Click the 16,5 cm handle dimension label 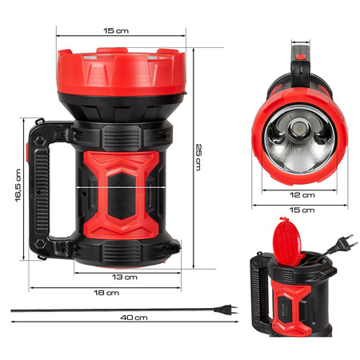(x=17, y=186)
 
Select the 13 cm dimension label (x=125, y=277)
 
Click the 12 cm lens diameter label (x=302, y=194)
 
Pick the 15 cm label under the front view (x=302, y=210)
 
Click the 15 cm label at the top (x=116, y=31)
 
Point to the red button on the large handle (x=34, y=152)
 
